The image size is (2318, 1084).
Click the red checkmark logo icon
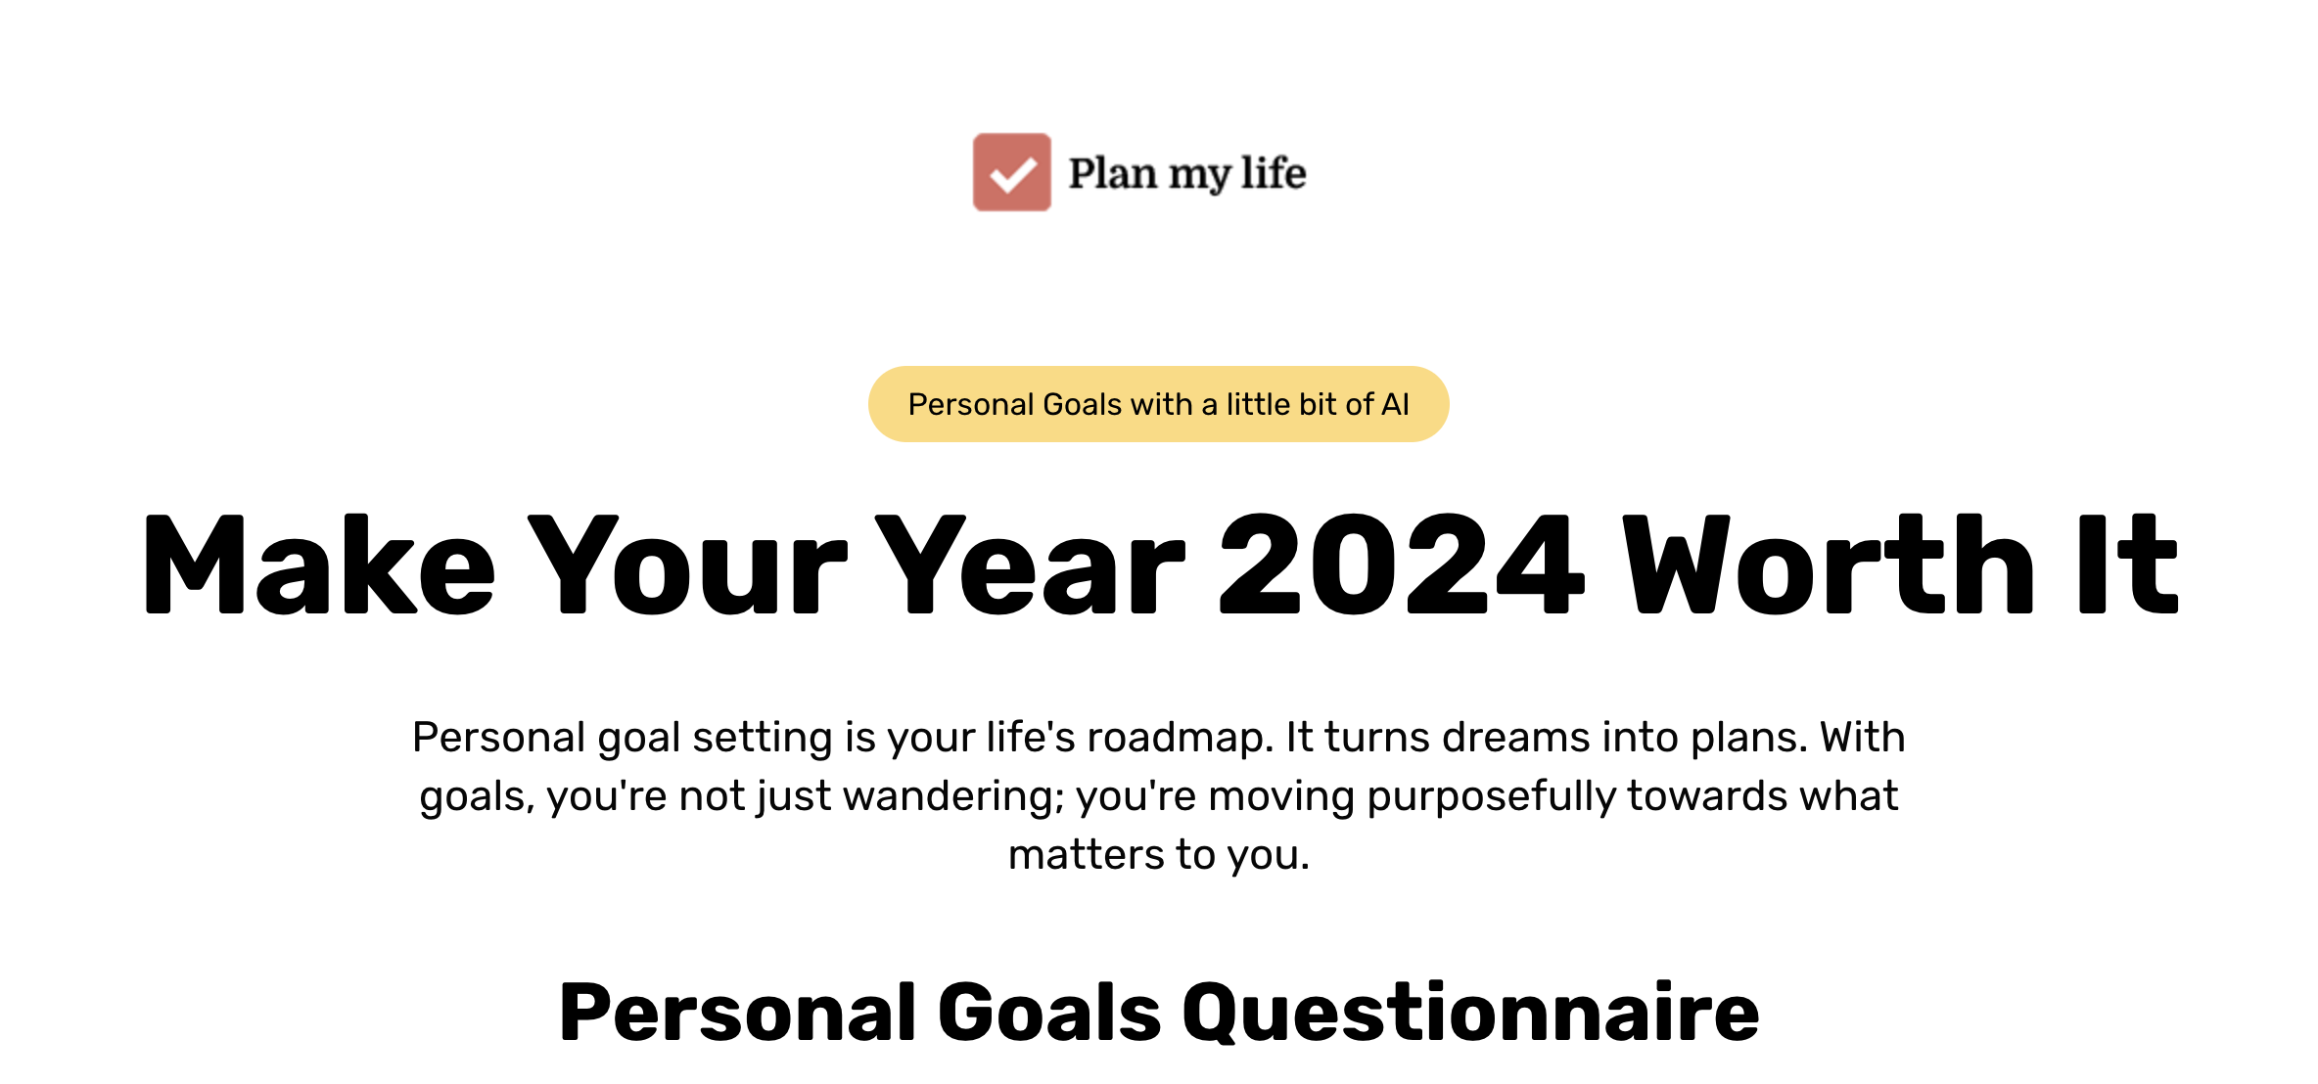[x=1011, y=172]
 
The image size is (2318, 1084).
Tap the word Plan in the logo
[x=1112, y=173]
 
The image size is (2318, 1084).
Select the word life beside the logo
[x=1274, y=172]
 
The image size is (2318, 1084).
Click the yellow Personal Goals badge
[x=1158, y=404]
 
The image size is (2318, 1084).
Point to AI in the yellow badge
[x=1395, y=404]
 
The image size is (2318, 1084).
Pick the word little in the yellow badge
[x=1259, y=404]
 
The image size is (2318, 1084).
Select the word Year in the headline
[x=1030, y=565]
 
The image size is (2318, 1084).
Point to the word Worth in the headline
[x=1829, y=565]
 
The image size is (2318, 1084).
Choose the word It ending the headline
[x=2128, y=565]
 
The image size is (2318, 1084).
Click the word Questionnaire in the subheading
[x=1471, y=1013]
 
